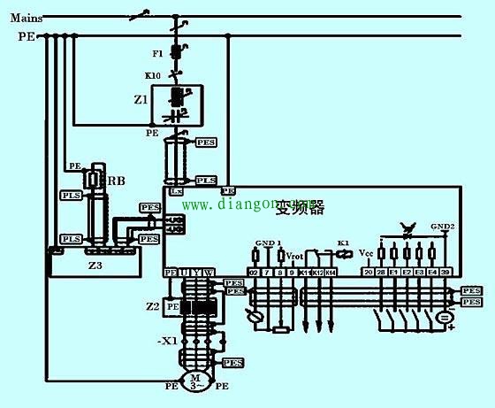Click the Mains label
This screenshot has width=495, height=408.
[x=24, y=16]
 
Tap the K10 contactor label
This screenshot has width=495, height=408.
[x=152, y=76]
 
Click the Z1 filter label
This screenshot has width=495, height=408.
[x=141, y=101]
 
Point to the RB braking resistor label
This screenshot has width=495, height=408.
[x=115, y=181]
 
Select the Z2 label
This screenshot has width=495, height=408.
[x=152, y=306]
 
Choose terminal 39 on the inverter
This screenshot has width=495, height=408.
[x=446, y=273]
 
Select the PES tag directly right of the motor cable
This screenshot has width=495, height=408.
[x=232, y=363]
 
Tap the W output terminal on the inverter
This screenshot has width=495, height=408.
[x=209, y=272]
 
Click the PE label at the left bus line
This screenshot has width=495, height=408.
[x=26, y=36]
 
